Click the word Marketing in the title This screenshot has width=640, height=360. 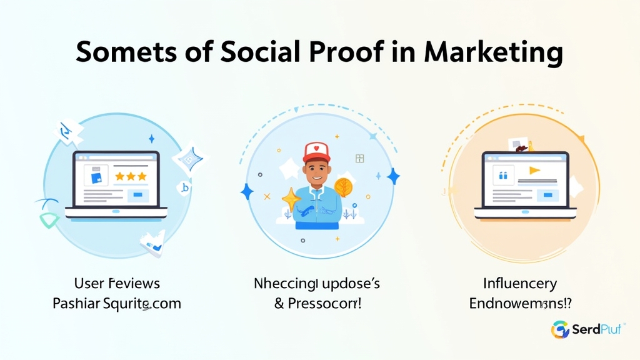pyautogui.click(x=494, y=53)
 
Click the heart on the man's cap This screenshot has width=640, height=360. pyautogui.click(x=316, y=149)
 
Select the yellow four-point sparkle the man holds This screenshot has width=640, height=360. pyautogui.click(x=291, y=199)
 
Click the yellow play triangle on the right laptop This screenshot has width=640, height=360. pyautogui.click(x=534, y=170)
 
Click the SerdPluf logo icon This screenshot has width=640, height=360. pyautogui.click(x=560, y=329)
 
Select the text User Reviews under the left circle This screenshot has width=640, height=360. pyautogui.click(x=117, y=283)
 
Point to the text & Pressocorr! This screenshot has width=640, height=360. pyautogui.click(x=316, y=304)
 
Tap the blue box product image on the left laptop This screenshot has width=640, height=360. pyautogui.click(x=96, y=177)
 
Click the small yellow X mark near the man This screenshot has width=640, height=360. pyautogui.click(x=267, y=196)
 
